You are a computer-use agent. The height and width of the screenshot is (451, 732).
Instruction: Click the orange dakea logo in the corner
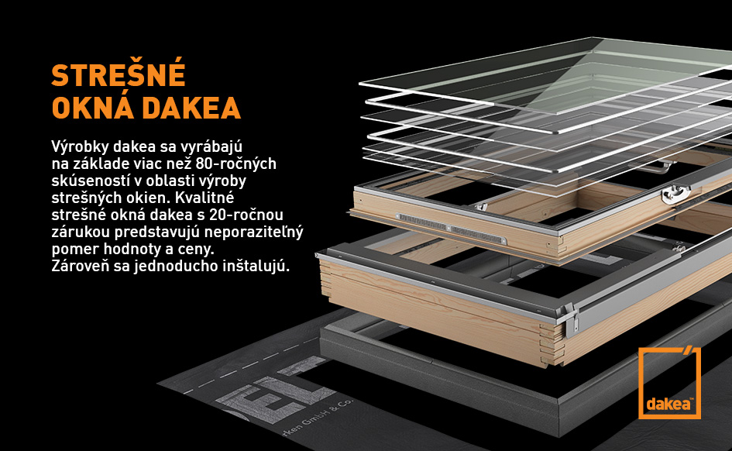coord(669,383)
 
